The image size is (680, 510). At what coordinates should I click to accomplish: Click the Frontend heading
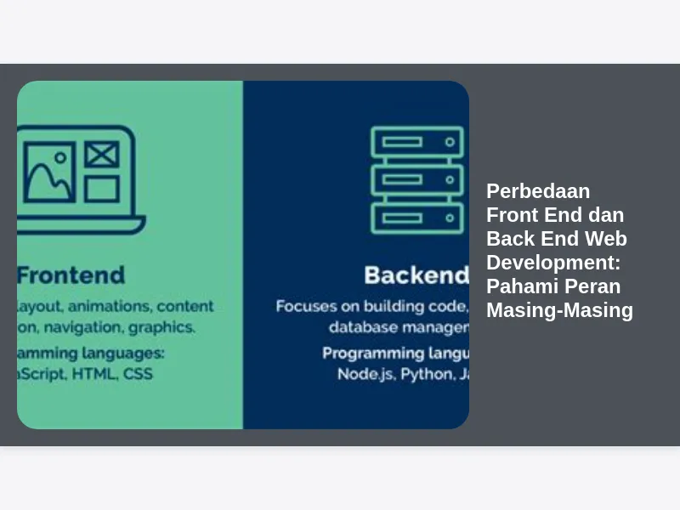71,275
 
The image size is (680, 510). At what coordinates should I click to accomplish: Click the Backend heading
416,275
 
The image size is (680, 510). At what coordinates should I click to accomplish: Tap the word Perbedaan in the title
538,190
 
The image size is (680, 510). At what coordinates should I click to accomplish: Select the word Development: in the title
553,263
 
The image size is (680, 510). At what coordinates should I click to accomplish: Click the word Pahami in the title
519,286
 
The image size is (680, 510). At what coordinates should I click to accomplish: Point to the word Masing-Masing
559,310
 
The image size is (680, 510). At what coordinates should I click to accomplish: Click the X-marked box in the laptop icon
101,155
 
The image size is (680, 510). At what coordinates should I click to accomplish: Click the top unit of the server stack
417,142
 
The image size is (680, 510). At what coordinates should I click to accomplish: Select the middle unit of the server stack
417,180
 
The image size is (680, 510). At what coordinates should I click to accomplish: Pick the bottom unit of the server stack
417,218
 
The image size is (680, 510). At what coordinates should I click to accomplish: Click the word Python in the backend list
427,373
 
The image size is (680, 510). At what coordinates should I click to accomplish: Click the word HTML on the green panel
96,373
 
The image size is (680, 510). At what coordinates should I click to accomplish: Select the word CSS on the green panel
138,373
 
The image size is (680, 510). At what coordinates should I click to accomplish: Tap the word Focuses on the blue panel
303,306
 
